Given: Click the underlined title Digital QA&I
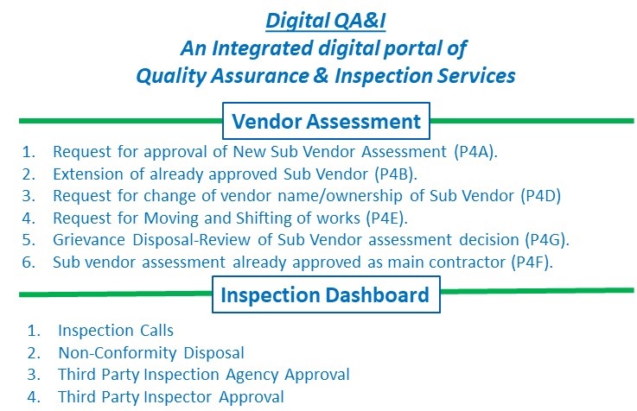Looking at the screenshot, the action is [x=325, y=21].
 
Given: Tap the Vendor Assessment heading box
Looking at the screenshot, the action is [x=326, y=121].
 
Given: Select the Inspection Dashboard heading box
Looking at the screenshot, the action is [x=326, y=294].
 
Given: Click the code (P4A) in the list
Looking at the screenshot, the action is [x=475, y=152].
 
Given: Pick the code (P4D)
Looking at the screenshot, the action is [x=541, y=196].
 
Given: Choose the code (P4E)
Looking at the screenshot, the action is [x=386, y=218].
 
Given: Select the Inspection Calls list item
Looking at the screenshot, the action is [x=116, y=330].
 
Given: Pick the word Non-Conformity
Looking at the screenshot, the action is [x=118, y=352].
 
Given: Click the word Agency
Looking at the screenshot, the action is [x=252, y=375].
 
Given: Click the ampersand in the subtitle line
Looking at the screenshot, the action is [x=321, y=75].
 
